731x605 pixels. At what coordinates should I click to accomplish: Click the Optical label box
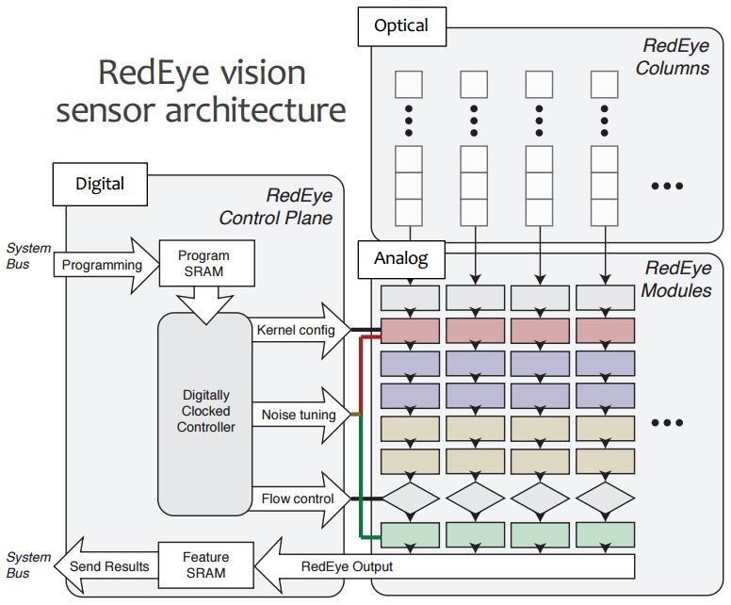401,25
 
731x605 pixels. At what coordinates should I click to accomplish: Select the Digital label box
100,184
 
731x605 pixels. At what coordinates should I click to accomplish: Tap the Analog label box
400,257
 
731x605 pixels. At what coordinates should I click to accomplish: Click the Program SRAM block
203,264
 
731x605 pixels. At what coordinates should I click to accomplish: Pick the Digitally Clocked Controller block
204,411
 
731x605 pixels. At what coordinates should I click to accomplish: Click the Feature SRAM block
204,565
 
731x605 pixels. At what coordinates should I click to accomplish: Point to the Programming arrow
101,265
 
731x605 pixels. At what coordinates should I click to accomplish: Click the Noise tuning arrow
300,414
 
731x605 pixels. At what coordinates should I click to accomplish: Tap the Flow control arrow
300,499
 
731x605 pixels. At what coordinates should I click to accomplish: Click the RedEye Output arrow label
347,566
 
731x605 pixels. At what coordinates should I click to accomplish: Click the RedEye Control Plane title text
275,207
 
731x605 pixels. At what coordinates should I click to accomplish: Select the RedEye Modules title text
675,280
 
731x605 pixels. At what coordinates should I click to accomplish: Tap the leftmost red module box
410,331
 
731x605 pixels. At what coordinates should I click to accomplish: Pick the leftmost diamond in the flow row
410,497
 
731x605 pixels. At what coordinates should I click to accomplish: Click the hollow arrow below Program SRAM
203,302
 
